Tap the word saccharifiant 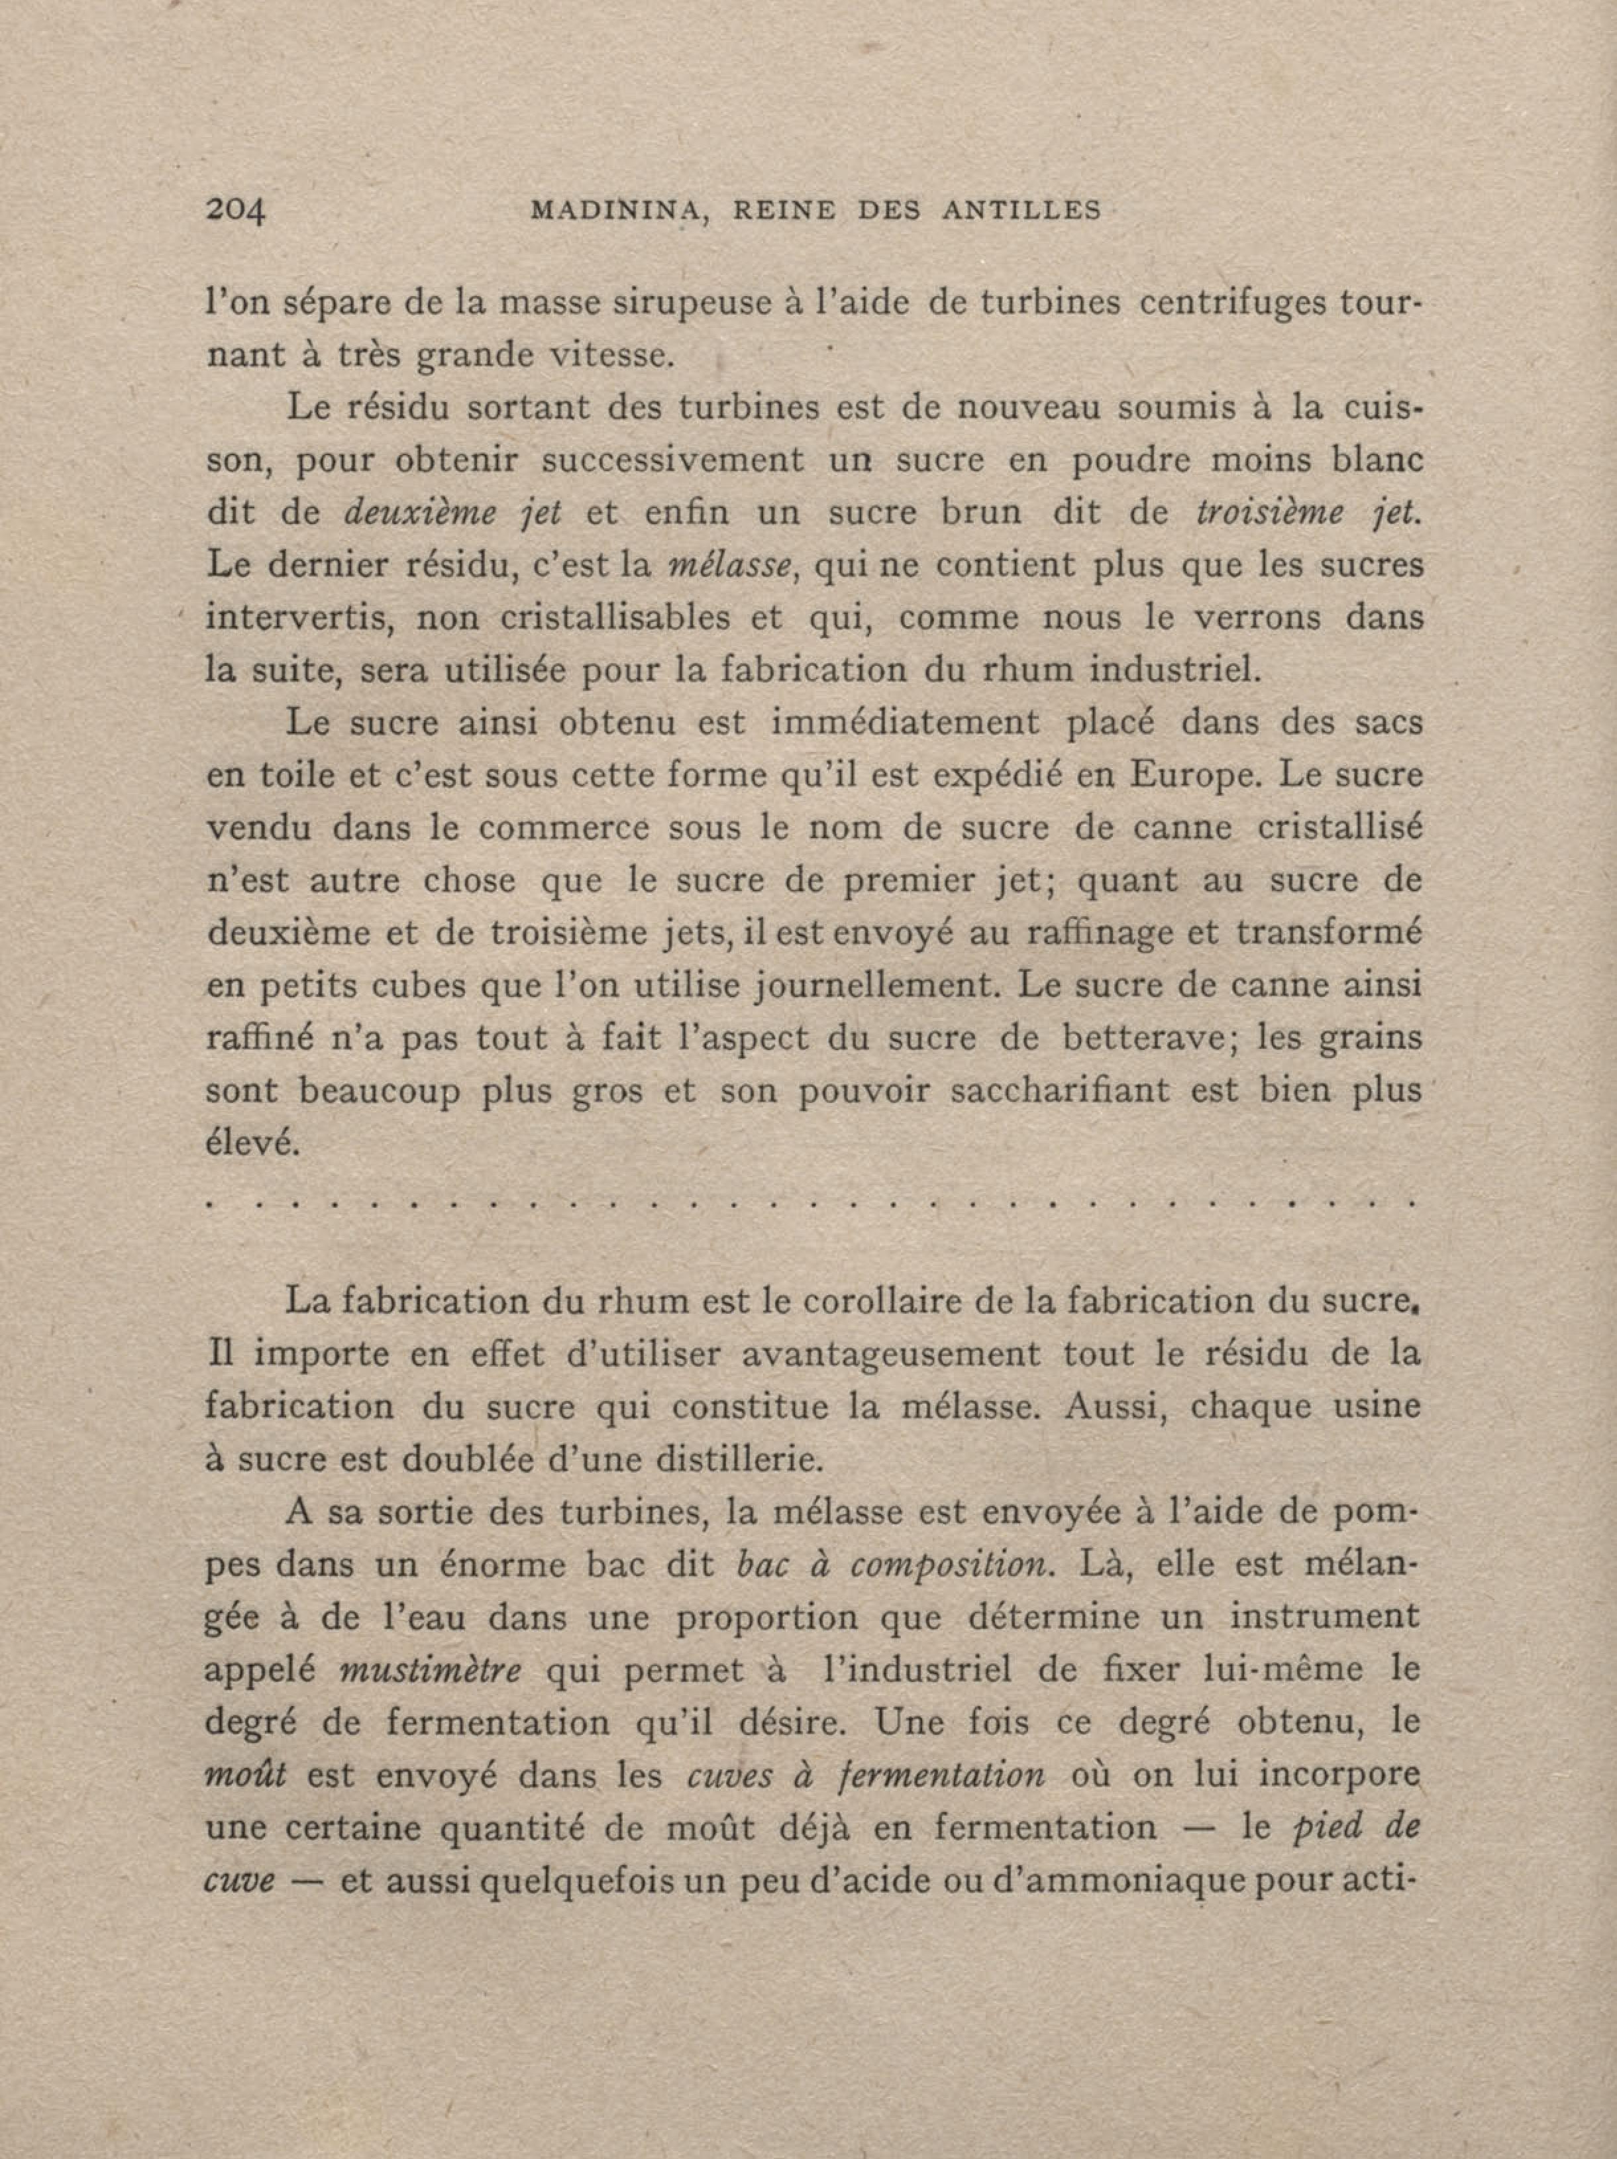point(1058,1090)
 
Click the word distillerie point(739,1460)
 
